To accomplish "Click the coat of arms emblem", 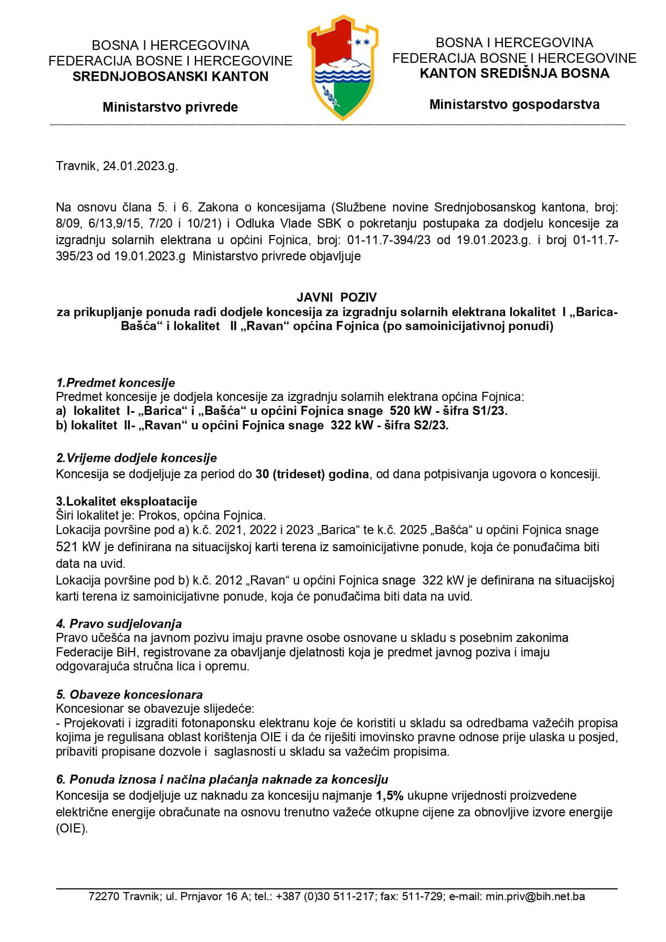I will pyautogui.click(x=342, y=67).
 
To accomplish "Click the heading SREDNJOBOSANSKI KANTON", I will pyautogui.click(x=170, y=76).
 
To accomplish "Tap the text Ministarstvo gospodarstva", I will pyautogui.click(x=514, y=104).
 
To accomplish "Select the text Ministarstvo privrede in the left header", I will pyautogui.click(x=170, y=107).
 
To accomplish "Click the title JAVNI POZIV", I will pyautogui.click(x=337, y=297).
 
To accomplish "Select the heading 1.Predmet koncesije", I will pyautogui.click(x=115, y=383).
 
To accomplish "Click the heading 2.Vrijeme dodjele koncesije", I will pyautogui.click(x=136, y=458).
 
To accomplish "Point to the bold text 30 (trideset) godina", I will pyautogui.click(x=312, y=474).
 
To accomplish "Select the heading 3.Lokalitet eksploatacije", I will pyautogui.click(x=127, y=501).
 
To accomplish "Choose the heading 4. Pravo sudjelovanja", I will pyautogui.click(x=119, y=624).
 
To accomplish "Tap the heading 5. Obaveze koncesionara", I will pyautogui.click(x=129, y=695).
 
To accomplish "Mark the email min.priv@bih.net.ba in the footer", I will pyautogui.click(x=535, y=896).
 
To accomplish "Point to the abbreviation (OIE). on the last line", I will pyautogui.click(x=71, y=828).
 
